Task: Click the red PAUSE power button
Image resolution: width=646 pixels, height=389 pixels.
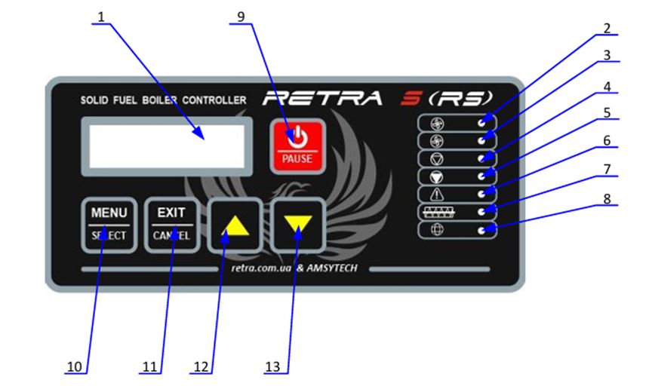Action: [298, 145]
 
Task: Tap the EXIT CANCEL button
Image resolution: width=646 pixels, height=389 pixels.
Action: [171, 224]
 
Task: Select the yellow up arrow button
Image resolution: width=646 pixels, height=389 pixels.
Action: [235, 225]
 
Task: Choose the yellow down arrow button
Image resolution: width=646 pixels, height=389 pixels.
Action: [298, 225]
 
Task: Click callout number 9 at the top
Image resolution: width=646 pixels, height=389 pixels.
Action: [241, 15]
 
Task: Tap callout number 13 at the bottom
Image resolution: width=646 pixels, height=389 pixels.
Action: [272, 366]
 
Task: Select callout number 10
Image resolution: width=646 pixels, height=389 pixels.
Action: [75, 366]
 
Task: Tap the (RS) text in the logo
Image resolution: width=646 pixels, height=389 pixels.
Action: [465, 97]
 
